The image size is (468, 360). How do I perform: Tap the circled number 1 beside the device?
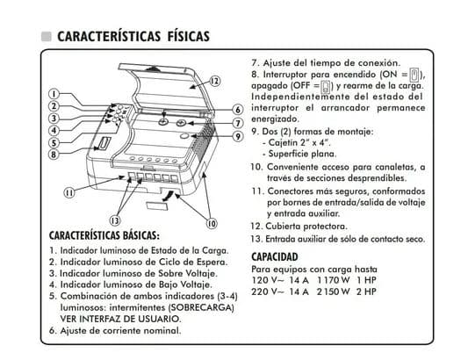pyautogui.click(x=54, y=95)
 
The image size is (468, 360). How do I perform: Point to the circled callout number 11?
pyautogui.click(x=68, y=192)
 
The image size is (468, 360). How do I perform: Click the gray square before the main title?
pyautogui.click(x=46, y=37)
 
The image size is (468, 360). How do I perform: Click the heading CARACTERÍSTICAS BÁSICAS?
pyautogui.click(x=104, y=237)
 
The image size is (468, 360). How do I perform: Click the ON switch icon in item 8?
pyautogui.click(x=415, y=76)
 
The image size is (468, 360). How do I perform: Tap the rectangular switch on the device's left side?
pyautogui.click(x=104, y=142)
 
